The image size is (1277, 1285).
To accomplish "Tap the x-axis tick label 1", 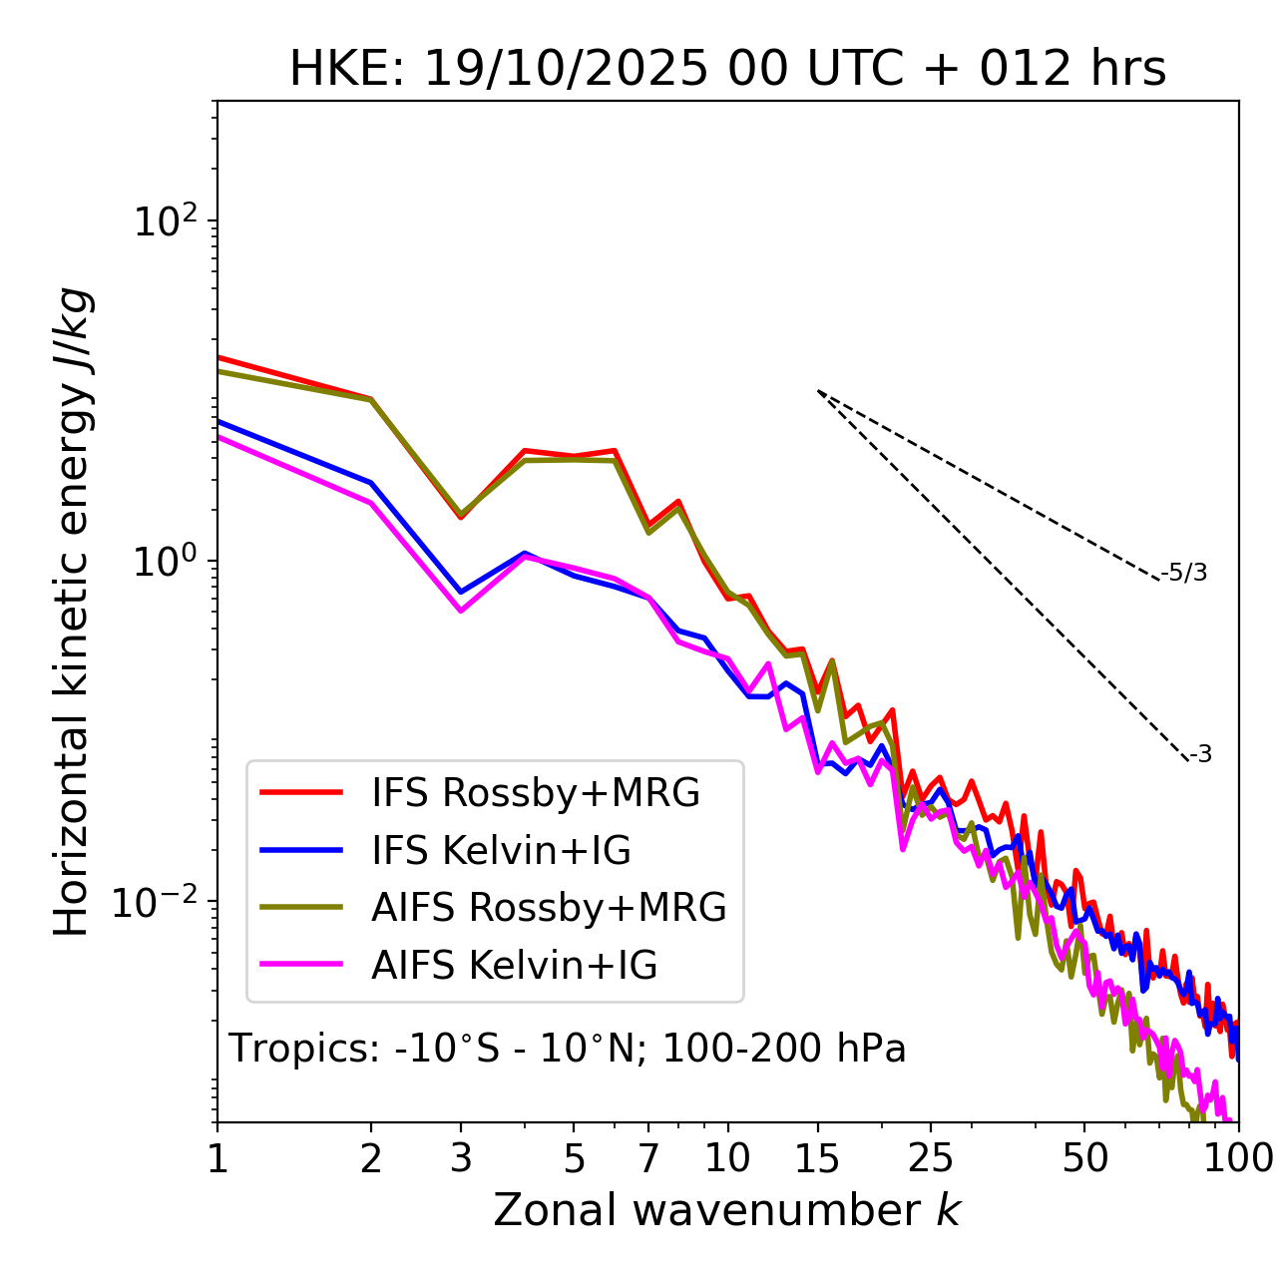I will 217,1158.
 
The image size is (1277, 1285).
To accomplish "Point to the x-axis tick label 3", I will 461,1158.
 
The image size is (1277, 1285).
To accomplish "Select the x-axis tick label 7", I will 648,1158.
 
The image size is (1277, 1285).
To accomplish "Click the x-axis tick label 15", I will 817,1158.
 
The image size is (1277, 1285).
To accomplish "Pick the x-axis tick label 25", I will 930,1158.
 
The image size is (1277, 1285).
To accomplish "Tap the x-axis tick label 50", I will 1084,1158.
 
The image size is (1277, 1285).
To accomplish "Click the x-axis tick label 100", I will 1237,1158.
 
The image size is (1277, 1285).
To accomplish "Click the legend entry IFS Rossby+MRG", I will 536,793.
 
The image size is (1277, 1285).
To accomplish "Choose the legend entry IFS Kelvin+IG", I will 501,851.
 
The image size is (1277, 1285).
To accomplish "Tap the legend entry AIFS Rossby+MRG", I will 549,908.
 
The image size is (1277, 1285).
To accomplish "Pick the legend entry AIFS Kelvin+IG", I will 514,966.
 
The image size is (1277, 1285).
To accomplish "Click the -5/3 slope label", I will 1184,574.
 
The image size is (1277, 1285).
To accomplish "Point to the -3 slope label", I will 1200,755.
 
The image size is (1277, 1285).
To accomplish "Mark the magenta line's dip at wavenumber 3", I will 461,610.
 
